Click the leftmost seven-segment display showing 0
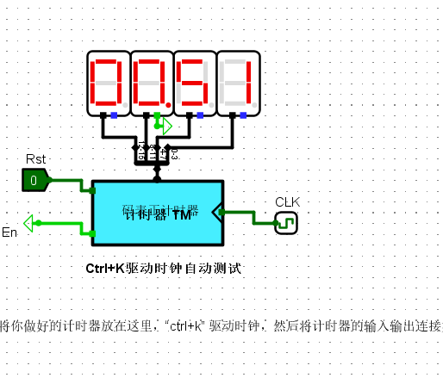point(109,83)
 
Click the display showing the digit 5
point(195,83)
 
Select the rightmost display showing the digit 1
point(238,83)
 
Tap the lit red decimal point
point(168,106)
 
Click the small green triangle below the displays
point(167,126)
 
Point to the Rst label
point(36,159)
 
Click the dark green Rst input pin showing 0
point(34,180)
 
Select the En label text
point(9,233)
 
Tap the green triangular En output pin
point(29,224)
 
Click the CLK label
point(287,202)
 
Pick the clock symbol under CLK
point(286,224)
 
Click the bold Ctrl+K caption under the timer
point(163,269)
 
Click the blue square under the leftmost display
point(115,115)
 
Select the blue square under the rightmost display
point(244,115)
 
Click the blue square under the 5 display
point(201,115)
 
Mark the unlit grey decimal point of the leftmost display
point(125,106)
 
